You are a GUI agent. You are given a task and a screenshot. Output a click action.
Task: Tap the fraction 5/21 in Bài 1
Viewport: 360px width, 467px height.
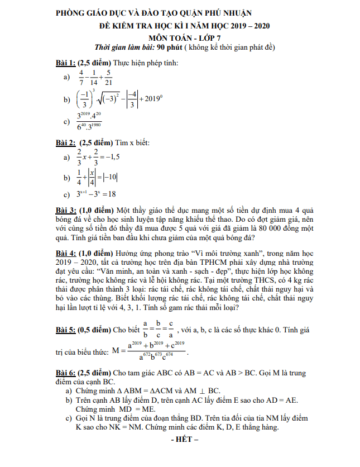pyautogui.click(x=108, y=78)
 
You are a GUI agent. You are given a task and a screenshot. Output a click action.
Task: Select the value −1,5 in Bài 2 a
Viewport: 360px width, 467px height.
pyautogui.click(x=111, y=157)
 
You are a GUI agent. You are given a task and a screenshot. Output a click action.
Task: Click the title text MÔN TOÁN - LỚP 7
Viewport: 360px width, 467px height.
pyautogui.click(x=181, y=37)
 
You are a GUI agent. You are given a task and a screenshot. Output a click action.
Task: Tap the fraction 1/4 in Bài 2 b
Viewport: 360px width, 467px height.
pyautogui.click(x=80, y=177)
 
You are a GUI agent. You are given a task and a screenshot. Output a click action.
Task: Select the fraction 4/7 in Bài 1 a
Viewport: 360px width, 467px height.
pyautogui.click(x=81, y=78)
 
